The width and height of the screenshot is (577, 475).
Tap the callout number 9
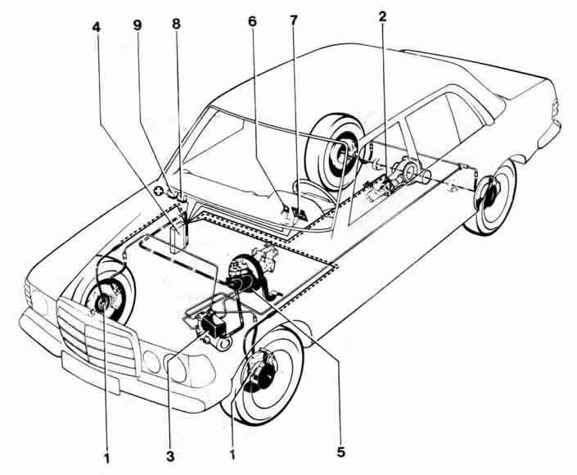click(x=137, y=25)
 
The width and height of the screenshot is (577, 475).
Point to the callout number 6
click(x=252, y=21)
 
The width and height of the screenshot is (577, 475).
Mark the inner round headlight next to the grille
click(x=152, y=359)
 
